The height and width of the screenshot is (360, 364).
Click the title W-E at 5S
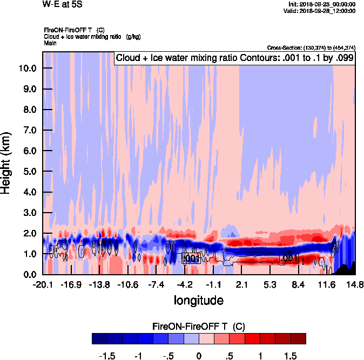[62, 5]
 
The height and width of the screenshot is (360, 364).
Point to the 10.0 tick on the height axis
[27, 69]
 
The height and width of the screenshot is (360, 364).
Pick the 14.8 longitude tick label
[355, 284]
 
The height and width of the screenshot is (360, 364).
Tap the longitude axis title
[198, 300]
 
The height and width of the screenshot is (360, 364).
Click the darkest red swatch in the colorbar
[298, 339]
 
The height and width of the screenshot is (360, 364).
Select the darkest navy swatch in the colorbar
[99, 339]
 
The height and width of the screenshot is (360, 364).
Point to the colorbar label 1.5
[291, 356]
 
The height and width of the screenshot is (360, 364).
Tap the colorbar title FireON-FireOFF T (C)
[199, 327]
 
